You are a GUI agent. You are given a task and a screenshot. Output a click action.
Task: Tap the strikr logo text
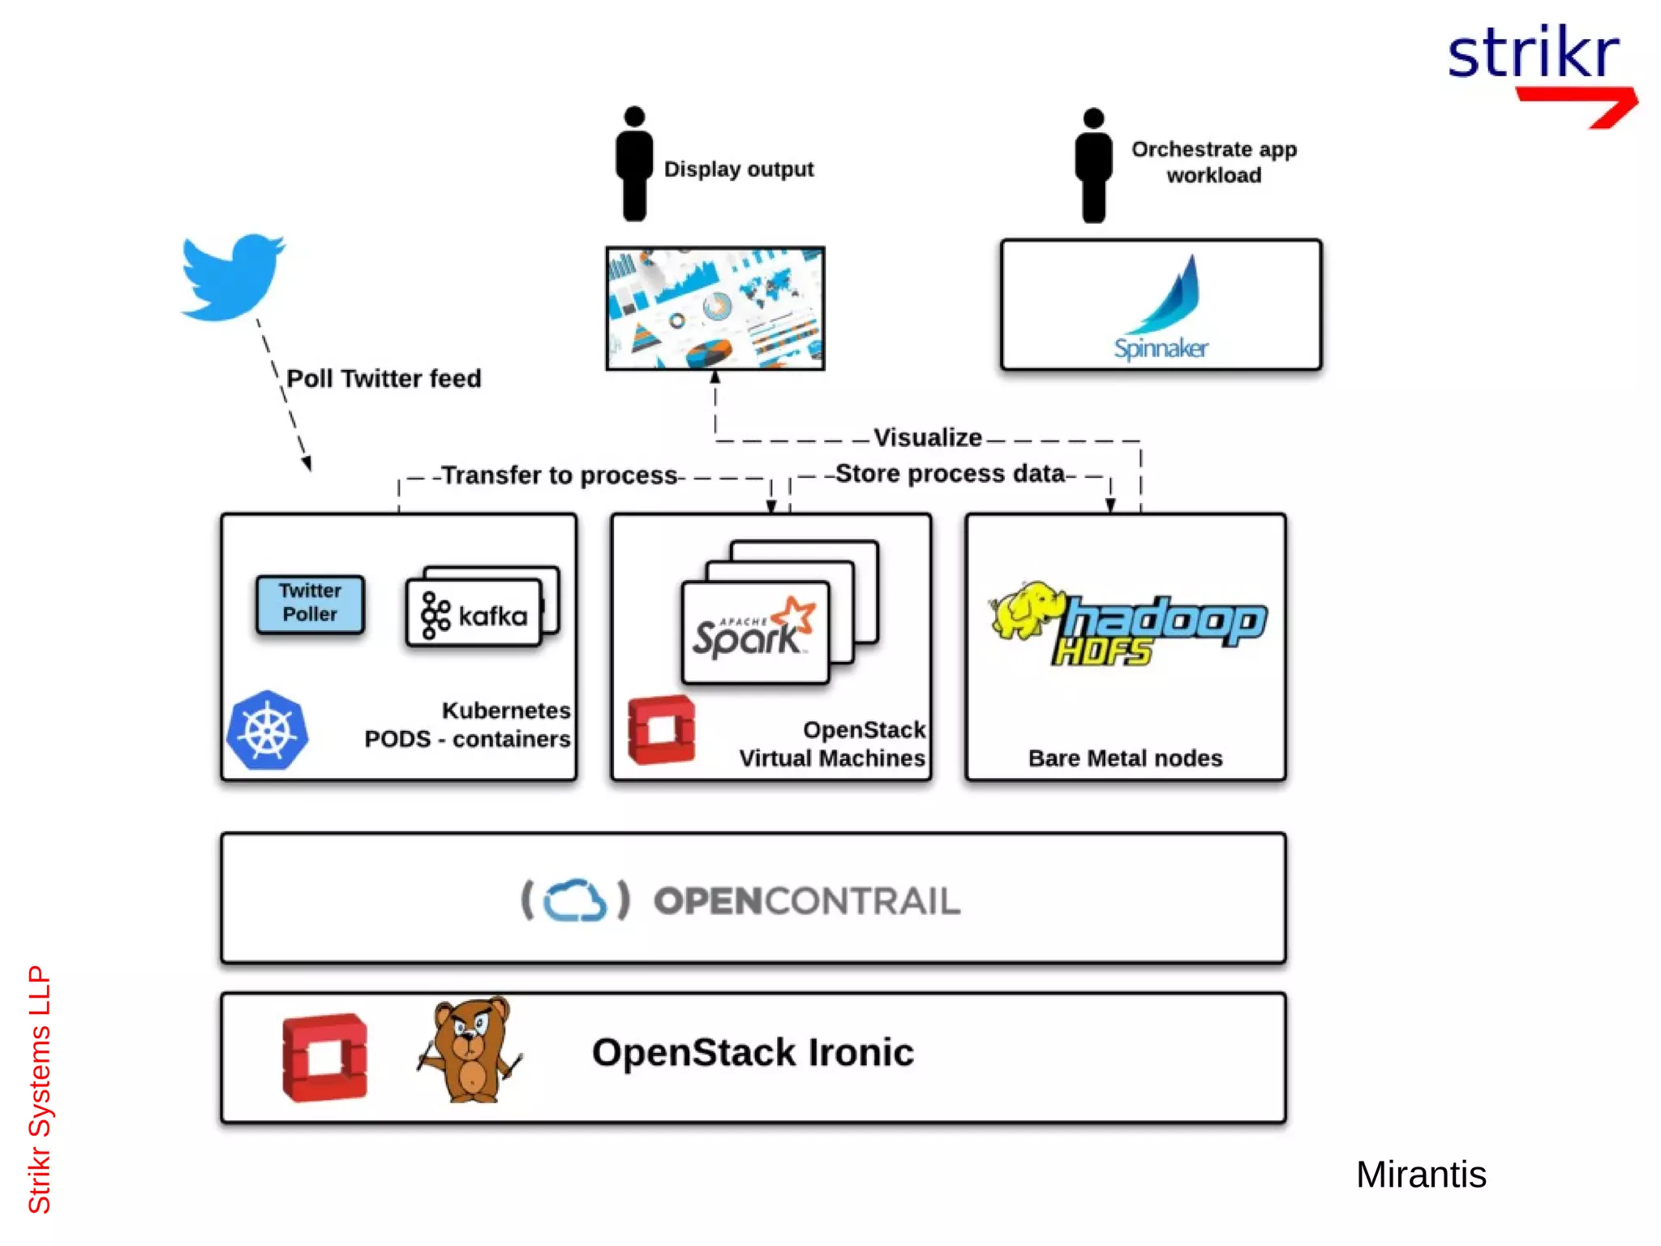pos(1533,53)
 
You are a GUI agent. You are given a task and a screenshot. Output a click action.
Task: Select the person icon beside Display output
pos(634,164)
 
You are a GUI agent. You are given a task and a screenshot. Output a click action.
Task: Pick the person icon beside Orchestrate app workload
pos(1093,165)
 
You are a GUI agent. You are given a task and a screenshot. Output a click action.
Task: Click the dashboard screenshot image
pos(715,308)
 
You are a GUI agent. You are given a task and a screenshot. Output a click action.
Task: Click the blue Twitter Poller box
pos(310,604)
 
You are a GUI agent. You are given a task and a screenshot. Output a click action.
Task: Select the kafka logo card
pos(474,614)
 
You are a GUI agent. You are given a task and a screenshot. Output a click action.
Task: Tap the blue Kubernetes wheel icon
pos(268,730)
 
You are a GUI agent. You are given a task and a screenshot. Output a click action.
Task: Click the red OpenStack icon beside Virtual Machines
pos(661,729)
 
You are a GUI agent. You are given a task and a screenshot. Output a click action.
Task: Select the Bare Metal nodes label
pos(1125,758)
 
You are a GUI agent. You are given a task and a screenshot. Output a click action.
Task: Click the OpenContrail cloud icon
pos(575,900)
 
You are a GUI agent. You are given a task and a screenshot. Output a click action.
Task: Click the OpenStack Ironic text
pos(753,1052)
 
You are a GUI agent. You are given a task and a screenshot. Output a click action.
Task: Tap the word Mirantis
pos(1420,1174)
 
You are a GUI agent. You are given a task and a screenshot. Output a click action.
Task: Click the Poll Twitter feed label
pos(384,378)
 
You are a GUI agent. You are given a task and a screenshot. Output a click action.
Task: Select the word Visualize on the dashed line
pos(927,438)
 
